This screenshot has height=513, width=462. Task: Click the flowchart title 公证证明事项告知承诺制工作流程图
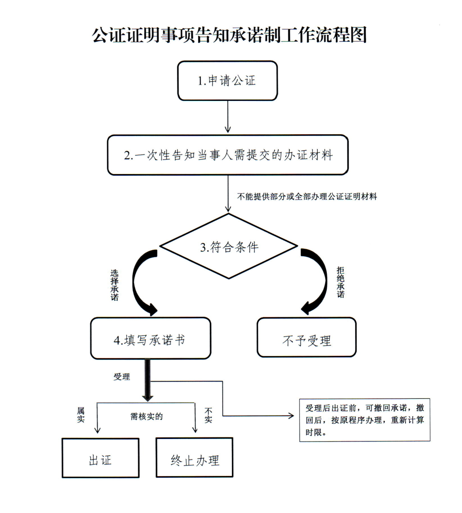229,35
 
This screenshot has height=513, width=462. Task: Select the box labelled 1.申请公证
228,80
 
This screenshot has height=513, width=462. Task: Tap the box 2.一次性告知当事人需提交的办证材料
228,155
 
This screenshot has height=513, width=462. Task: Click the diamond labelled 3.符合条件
228,246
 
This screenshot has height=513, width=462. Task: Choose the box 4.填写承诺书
151,338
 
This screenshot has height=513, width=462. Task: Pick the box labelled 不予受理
307,337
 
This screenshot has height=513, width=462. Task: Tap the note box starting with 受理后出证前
365,420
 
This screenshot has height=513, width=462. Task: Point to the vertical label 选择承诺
114,285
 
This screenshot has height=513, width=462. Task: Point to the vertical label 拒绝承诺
341,282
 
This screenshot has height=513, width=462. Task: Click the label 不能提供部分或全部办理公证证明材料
307,196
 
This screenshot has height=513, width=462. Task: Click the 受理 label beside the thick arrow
122,377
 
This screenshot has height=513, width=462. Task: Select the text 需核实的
146,416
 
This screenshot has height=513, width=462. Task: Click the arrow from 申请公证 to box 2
228,117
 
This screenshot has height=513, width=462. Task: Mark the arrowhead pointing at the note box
291,416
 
